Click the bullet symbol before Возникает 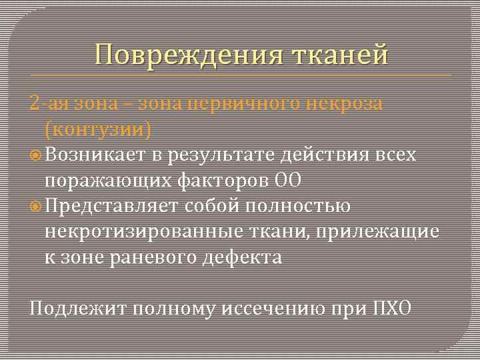pos(37,155)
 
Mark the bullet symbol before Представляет pos(37,205)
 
